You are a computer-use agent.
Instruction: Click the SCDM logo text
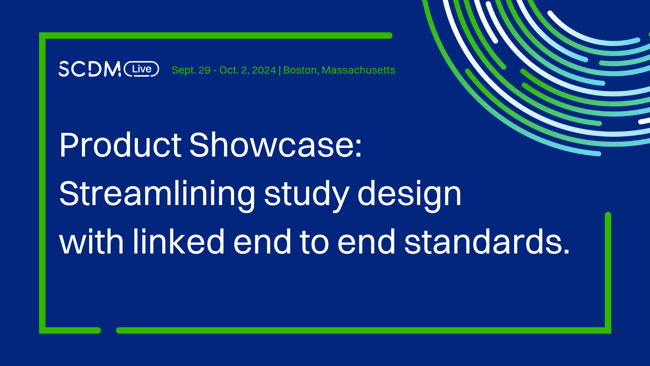click(89, 69)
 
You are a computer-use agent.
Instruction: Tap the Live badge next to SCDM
click(142, 69)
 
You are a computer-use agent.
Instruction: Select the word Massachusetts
click(358, 70)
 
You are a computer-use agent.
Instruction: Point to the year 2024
click(264, 70)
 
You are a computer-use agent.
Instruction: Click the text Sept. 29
click(191, 70)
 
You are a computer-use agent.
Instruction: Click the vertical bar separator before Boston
click(279, 70)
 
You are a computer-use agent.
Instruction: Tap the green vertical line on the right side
click(608, 271)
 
